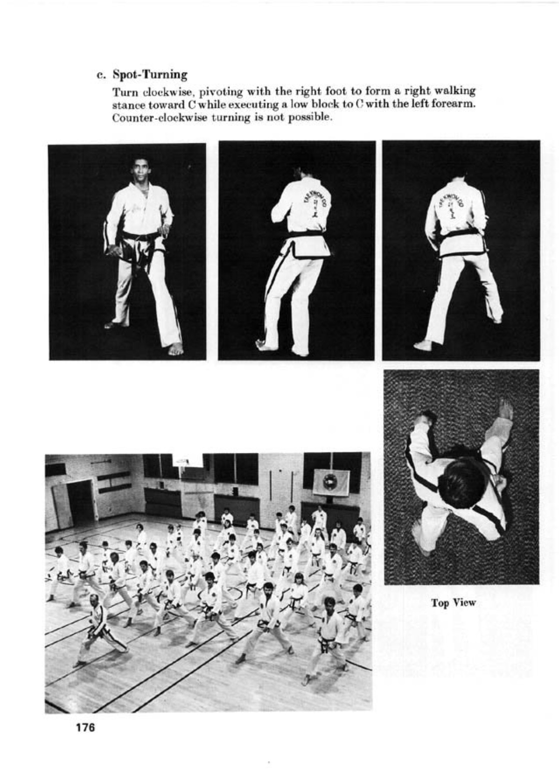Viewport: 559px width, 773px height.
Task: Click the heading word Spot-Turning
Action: tap(150, 75)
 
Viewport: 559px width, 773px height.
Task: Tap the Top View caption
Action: tap(454, 603)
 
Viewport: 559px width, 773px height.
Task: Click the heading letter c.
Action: tap(100, 75)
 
